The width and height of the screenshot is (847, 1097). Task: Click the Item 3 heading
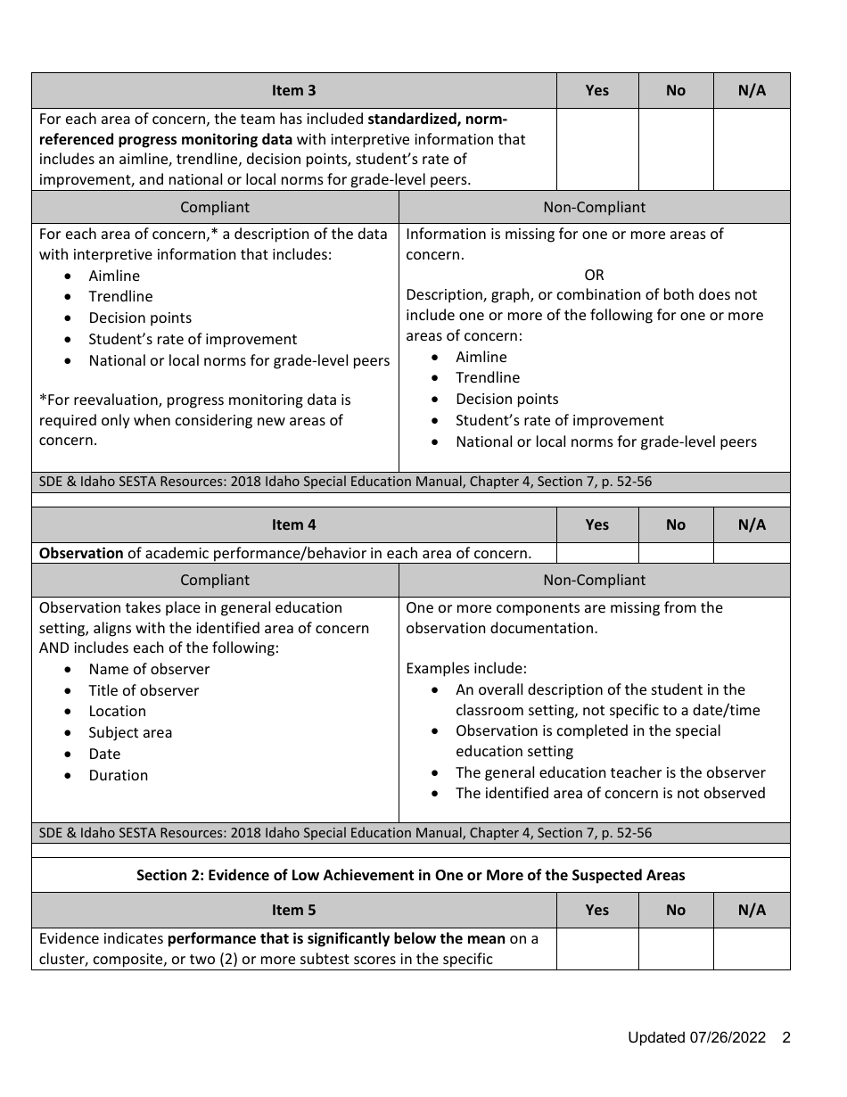(293, 90)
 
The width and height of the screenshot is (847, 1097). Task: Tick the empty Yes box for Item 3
(596, 149)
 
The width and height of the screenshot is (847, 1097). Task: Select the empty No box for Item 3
(675, 149)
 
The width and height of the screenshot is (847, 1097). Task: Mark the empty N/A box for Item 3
(752, 149)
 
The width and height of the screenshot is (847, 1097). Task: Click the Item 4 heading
(293, 524)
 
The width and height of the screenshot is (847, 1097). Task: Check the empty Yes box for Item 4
(596, 553)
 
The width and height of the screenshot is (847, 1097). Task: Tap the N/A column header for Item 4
(752, 524)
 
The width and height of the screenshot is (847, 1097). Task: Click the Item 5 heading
(293, 910)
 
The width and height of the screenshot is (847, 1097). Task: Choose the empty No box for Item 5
(675, 948)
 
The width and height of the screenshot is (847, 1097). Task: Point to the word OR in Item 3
(594, 275)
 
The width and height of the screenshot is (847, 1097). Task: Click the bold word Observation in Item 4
(81, 553)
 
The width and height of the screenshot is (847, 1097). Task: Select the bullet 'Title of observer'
(144, 690)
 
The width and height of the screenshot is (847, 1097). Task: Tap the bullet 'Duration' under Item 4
(118, 775)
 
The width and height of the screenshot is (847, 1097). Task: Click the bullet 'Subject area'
(130, 732)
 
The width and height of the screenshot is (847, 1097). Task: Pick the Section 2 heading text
(410, 875)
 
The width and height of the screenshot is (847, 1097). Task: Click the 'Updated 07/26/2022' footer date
(696, 1037)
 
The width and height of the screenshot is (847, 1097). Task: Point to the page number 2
(786, 1037)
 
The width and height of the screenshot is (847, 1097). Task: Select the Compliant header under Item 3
(215, 207)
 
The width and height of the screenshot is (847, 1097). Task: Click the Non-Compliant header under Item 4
(594, 580)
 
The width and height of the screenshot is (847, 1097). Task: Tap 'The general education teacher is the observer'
(610, 772)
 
